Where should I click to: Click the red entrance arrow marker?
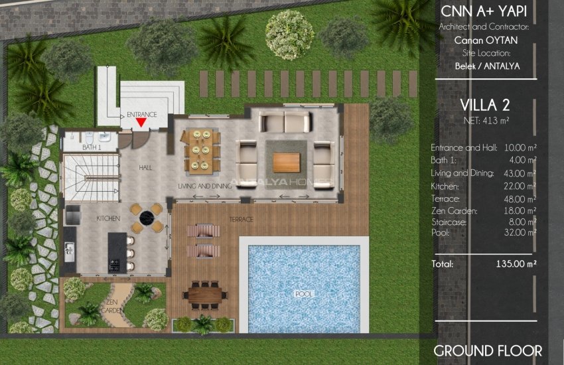[141, 122]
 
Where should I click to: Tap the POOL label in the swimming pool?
[304, 293]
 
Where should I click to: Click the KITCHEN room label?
[107, 218]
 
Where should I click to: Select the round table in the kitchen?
[147, 217]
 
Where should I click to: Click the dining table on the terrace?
[205, 293]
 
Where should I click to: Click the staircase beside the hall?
[90, 177]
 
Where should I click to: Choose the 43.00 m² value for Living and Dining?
[520, 173]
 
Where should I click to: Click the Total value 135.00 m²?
[516, 263]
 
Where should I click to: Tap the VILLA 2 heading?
[484, 105]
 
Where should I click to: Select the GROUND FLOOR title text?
[488, 350]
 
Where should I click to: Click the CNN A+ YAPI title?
[484, 13]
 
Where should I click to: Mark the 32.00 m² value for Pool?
[520, 233]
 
